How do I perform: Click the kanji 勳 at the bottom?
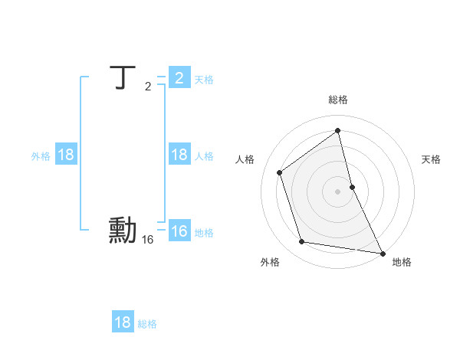(x=122, y=231)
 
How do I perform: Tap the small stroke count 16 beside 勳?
(x=148, y=240)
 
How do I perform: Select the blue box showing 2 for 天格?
(x=179, y=78)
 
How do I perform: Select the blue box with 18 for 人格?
(x=179, y=155)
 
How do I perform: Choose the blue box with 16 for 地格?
(x=179, y=231)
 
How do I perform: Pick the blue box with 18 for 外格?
(x=66, y=155)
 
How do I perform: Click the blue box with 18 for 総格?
(x=123, y=322)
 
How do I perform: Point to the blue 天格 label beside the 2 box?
(x=204, y=79)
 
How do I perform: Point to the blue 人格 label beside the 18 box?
(x=204, y=155)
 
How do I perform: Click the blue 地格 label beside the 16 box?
(x=204, y=232)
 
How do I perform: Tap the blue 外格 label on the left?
(x=41, y=155)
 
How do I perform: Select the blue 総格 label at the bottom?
(x=147, y=324)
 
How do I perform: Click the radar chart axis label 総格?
(x=338, y=100)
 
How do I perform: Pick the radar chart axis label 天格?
(x=432, y=159)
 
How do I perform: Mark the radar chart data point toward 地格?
(x=382, y=252)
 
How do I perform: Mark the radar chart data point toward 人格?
(x=280, y=172)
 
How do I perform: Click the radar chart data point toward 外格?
(x=302, y=242)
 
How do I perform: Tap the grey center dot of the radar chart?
(x=338, y=191)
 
